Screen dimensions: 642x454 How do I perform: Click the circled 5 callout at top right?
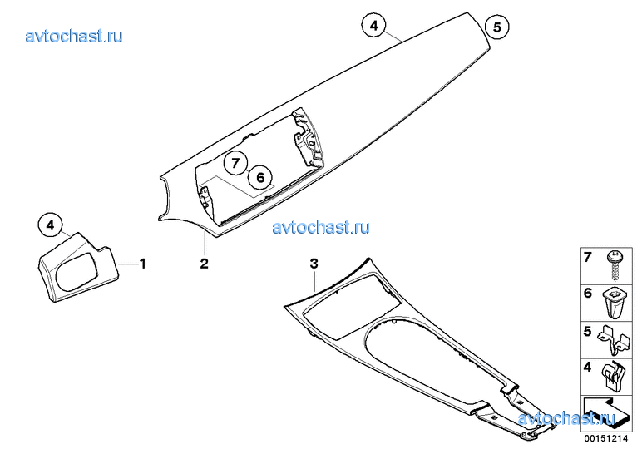coord(496,27)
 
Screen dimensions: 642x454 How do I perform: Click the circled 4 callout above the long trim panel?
coord(374,26)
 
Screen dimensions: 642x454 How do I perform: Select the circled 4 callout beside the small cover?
coord(50,225)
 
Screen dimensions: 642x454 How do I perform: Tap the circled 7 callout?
coord(235,163)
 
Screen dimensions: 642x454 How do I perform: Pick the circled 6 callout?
coord(260,177)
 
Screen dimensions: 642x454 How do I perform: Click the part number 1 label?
coord(142,264)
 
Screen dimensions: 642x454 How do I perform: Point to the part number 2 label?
coord(204,264)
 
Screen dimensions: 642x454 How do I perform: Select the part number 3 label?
coord(314,264)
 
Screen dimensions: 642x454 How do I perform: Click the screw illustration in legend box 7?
coord(615,266)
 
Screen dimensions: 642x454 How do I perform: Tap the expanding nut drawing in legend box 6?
coord(614,303)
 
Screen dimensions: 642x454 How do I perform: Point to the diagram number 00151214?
coord(606,438)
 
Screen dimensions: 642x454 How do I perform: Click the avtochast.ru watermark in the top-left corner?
coord(74,36)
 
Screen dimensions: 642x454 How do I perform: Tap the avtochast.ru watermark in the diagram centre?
coord(321,227)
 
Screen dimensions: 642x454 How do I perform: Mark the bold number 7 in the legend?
coord(588,257)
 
